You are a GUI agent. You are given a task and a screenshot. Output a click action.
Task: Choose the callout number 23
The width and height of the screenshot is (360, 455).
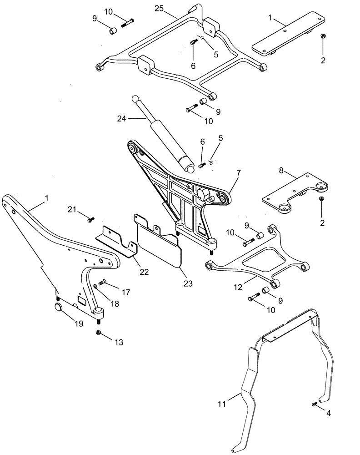pyautogui.click(x=188, y=283)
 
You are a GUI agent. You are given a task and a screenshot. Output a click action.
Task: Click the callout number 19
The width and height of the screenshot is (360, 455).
pyautogui.click(x=80, y=324)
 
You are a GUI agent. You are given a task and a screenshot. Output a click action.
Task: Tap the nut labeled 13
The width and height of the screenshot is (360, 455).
pyautogui.click(x=99, y=333)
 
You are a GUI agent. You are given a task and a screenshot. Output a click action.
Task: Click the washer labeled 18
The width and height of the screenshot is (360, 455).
pyautogui.click(x=96, y=286)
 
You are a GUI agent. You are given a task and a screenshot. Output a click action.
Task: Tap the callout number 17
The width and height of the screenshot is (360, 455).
pyautogui.click(x=125, y=293)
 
